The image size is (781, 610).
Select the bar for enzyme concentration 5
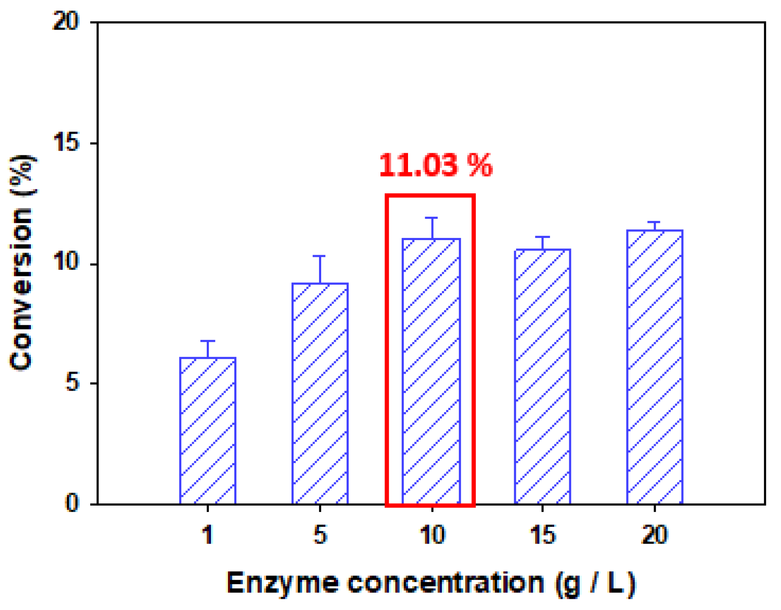[320, 393]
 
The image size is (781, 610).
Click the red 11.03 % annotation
[436, 165]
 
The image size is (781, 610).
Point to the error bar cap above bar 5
[319, 256]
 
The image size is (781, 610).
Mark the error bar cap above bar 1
[208, 341]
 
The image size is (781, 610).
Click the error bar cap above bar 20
[654, 222]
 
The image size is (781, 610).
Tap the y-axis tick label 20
[66, 21]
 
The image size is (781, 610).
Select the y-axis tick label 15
[66, 143]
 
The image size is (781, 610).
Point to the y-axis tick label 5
[72, 383]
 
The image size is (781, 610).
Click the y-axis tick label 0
[72, 503]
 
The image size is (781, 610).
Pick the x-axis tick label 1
[208, 535]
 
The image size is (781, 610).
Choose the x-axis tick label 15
[542, 535]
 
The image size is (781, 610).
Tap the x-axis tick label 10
[432, 535]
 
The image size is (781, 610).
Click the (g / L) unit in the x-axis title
[596, 583]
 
